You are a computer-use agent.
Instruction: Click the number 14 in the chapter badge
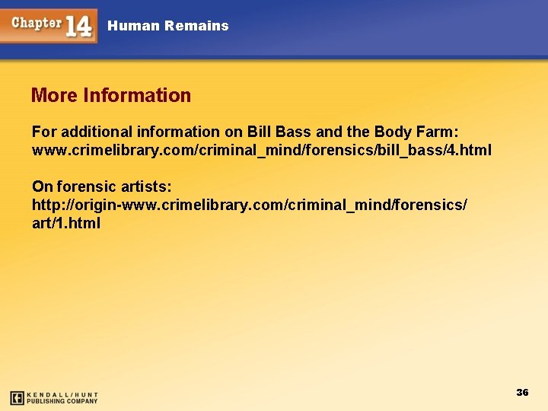pos(79,26)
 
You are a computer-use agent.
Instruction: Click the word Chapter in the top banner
pos(37,22)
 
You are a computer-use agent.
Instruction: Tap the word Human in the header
pos(133,26)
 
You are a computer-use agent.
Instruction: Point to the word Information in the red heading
pos(137,96)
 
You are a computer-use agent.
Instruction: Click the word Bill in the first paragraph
pos(259,132)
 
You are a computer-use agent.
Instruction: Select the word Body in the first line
pos(393,132)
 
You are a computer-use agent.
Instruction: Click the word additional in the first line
pos(94,132)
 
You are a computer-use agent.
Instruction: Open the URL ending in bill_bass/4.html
pos(261,151)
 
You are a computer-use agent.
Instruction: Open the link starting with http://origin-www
pos(250,205)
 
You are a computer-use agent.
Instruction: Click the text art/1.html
pos(66,224)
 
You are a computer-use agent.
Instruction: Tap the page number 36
pos(522,393)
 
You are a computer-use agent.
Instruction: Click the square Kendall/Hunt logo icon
pos(17,397)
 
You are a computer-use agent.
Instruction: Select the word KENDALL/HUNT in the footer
pos(62,394)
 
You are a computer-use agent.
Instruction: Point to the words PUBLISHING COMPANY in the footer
pos(62,401)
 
